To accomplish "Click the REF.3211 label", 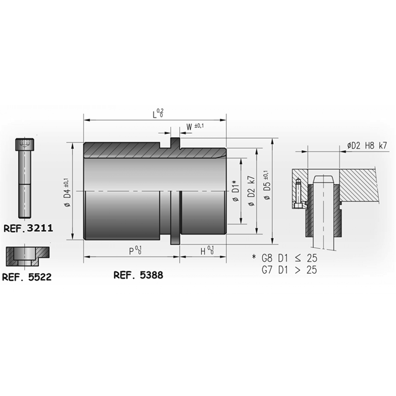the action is click(x=28, y=228).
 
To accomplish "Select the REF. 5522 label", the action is click(x=27, y=277).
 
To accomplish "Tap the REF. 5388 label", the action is click(x=139, y=275).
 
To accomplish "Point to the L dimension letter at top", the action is click(x=154, y=115).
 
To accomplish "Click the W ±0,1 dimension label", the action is click(x=195, y=127).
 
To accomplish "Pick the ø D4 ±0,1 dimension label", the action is click(x=68, y=192).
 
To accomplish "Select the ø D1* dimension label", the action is click(x=236, y=191).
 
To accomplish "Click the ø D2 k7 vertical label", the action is click(x=251, y=191).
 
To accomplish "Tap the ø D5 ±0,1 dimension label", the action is click(x=267, y=185).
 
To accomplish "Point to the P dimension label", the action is click(x=135, y=250).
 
